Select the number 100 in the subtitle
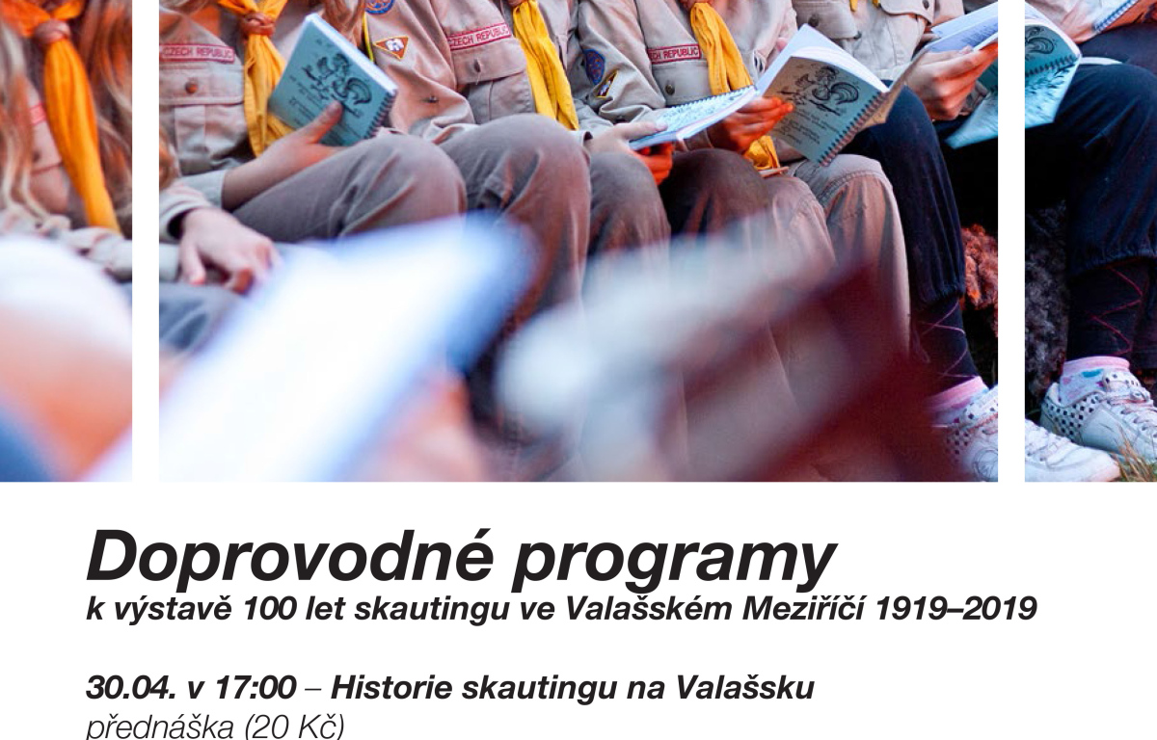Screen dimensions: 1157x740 [269, 609]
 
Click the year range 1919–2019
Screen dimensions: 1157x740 [956, 609]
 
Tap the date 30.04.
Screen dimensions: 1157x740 [131, 688]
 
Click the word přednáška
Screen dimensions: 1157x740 [160, 727]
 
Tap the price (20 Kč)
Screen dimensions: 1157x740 [293, 727]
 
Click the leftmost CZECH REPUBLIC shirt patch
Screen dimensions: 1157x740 [197, 53]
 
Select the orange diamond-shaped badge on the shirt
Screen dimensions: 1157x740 [391, 46]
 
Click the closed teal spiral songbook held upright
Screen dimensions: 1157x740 [331, 80]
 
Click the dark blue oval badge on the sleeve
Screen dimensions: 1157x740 [594, 66]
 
